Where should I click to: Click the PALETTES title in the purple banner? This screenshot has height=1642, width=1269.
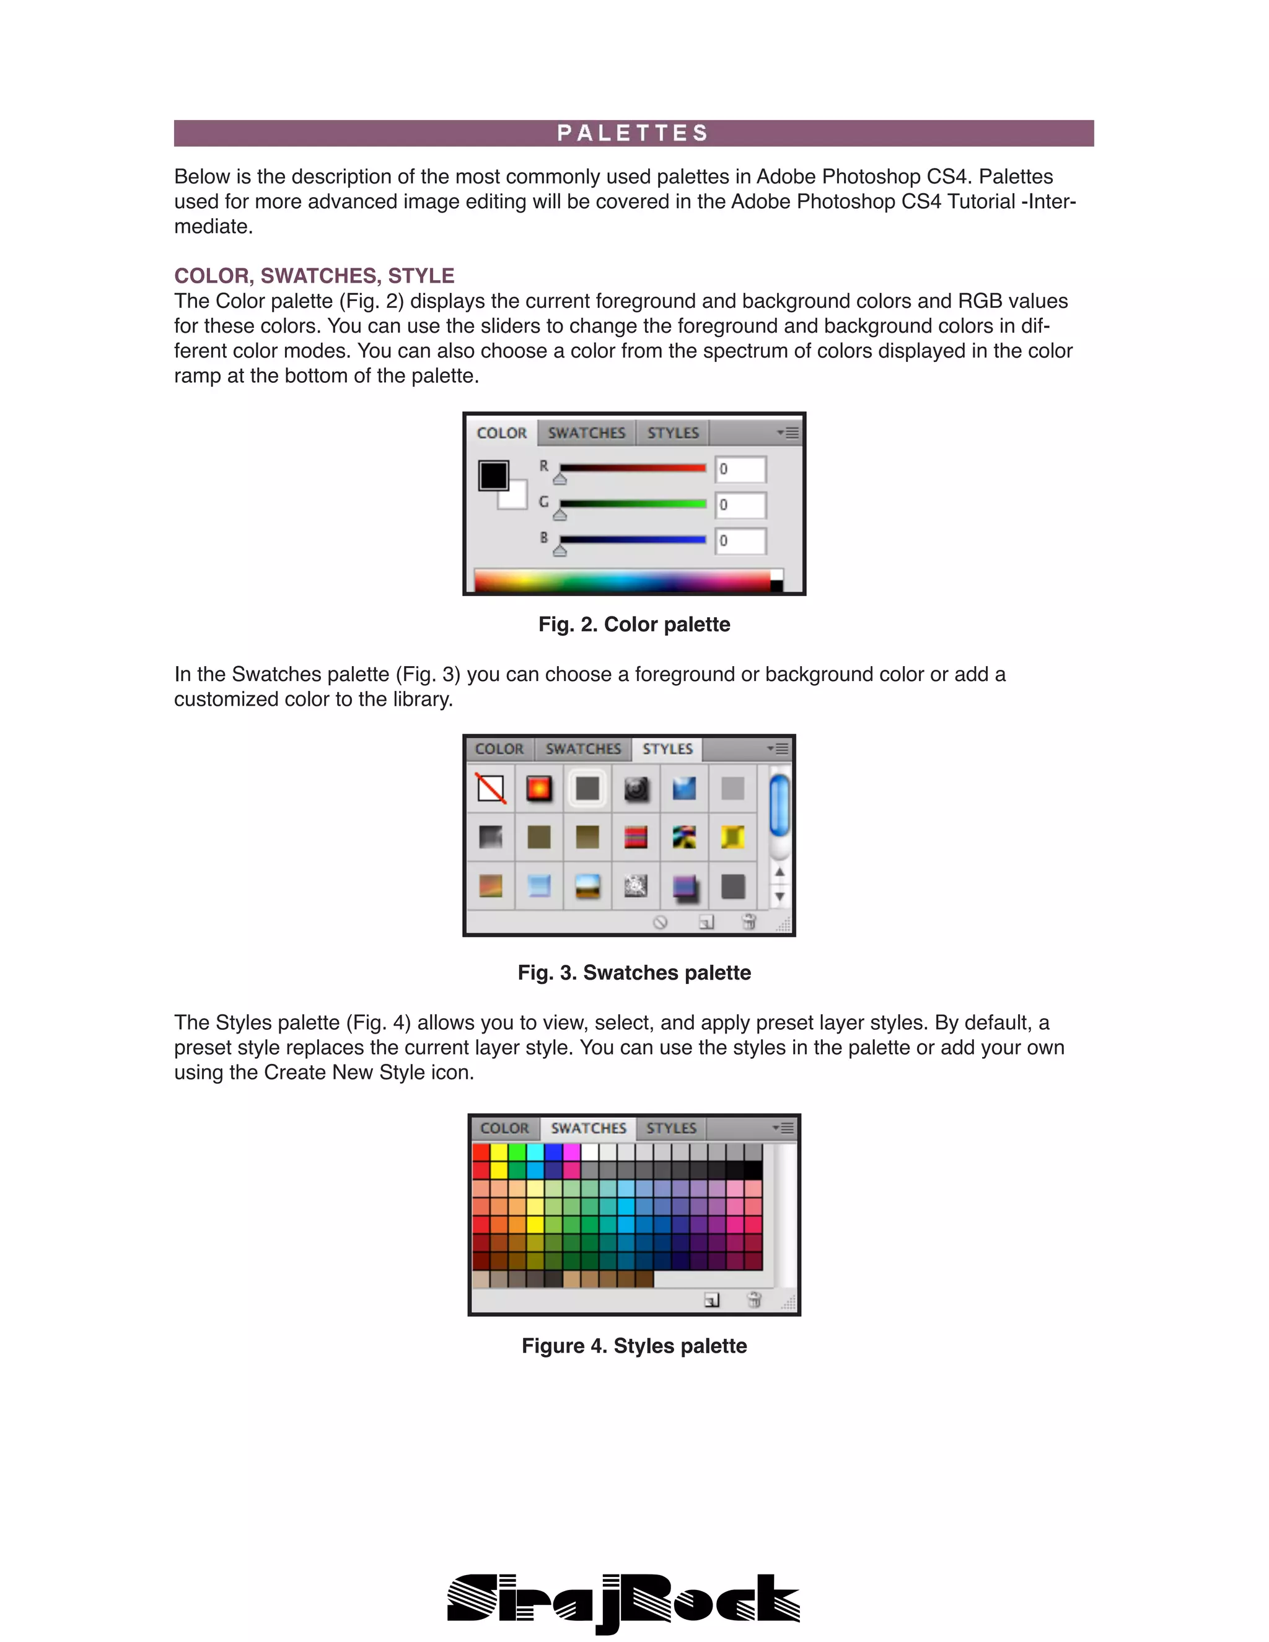(633, 133)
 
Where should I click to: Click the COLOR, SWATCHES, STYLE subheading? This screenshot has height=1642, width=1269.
(314, 275)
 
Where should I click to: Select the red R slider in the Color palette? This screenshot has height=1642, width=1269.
(632, 468)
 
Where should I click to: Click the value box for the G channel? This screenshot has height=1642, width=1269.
(740, 504)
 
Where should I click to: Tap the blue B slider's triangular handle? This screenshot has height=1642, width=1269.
(560, 551)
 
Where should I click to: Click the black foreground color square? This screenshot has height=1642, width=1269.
(493, 475)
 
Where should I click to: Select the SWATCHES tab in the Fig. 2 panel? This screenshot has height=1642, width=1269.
(586, 433)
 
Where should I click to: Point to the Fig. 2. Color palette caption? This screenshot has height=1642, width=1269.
(634, 624)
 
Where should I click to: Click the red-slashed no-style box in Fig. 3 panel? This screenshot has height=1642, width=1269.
(491, 788)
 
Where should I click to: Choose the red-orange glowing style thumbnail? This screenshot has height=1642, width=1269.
(539, 788)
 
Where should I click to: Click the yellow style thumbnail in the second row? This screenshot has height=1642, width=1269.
(732, 836)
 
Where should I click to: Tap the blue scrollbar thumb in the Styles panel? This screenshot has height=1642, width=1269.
(779, 806)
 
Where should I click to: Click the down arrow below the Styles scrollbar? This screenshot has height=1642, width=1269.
(779, 896)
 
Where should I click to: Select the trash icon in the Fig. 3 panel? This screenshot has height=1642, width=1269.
(748, 922)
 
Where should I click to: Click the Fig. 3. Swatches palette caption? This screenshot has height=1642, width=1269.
(634, 972)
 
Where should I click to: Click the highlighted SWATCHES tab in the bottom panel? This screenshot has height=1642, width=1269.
(588, 1128)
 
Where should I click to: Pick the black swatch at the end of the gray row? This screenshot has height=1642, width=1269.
(753, 1170)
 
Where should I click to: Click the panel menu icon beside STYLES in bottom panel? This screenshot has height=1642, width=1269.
(783, 1128)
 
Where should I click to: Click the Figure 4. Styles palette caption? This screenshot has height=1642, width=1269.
(634, 1346)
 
